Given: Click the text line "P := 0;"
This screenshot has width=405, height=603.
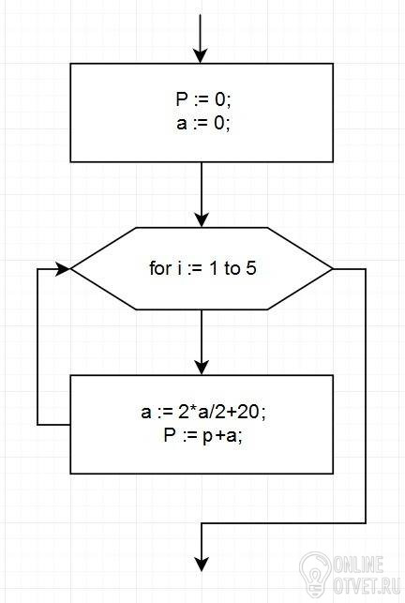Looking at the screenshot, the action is (x=203, y=99).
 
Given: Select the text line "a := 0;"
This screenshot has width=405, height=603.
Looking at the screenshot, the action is (x=203, y=124).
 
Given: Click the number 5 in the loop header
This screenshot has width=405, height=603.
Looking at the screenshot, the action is (x=251, y=268).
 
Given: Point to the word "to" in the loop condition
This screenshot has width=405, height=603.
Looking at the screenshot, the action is (x=232, y=268).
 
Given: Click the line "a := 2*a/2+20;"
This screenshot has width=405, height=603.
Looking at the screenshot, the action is (x=203, y=412).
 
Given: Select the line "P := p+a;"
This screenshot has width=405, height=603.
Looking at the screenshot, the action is (x=203, y=436).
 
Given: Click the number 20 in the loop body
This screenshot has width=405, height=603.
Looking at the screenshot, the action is (x=248, y=412).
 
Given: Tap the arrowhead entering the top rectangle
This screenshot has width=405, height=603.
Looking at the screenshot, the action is (x=201, y=55).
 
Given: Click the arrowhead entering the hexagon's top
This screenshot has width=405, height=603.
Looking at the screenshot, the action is (x=202, y=220).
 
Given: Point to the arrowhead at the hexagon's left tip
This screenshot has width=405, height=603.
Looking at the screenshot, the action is (x=64, y=269).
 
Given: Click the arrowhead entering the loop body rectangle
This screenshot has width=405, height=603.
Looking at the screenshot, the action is (x=202, y=368).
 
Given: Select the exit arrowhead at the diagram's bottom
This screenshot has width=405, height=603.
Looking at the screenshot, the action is (x=202, y=565).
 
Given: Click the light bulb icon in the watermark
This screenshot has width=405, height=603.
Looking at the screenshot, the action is (x=315, y=574).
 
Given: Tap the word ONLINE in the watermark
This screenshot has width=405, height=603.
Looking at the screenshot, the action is (x=358, y=565).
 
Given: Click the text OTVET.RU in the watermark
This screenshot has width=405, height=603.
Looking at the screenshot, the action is (x=367, y=585).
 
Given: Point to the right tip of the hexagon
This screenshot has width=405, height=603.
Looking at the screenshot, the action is (x=333, y=269).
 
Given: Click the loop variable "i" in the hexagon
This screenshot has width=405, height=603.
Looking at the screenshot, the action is (x=179, y=268).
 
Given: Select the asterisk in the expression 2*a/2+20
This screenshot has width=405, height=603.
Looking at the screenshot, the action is (x=193, y=409).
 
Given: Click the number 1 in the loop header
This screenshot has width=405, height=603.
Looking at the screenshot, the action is (x=214, y=268).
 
